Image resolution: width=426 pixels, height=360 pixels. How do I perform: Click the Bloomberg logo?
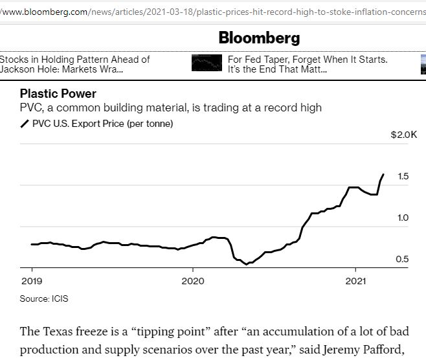[259, 38]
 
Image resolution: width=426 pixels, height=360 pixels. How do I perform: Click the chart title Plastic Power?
[58, 94]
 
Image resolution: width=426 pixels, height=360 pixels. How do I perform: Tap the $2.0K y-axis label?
[404, 135]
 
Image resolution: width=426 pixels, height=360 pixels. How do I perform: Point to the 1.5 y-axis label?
[403, 176]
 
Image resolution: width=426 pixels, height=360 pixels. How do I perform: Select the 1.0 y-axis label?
[403, 218]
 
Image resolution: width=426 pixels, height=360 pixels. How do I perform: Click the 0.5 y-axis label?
[403, 259]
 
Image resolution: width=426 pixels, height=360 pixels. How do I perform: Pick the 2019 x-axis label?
[31, 281]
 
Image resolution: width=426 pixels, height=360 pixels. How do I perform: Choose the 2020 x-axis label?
[193, 281]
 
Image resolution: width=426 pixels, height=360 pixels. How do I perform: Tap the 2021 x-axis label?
[355, 281]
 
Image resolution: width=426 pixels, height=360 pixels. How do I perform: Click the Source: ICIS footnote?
[44, 298]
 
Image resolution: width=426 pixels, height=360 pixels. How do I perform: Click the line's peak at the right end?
[383, 174]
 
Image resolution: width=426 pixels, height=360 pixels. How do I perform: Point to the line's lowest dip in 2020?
[245, 264]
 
